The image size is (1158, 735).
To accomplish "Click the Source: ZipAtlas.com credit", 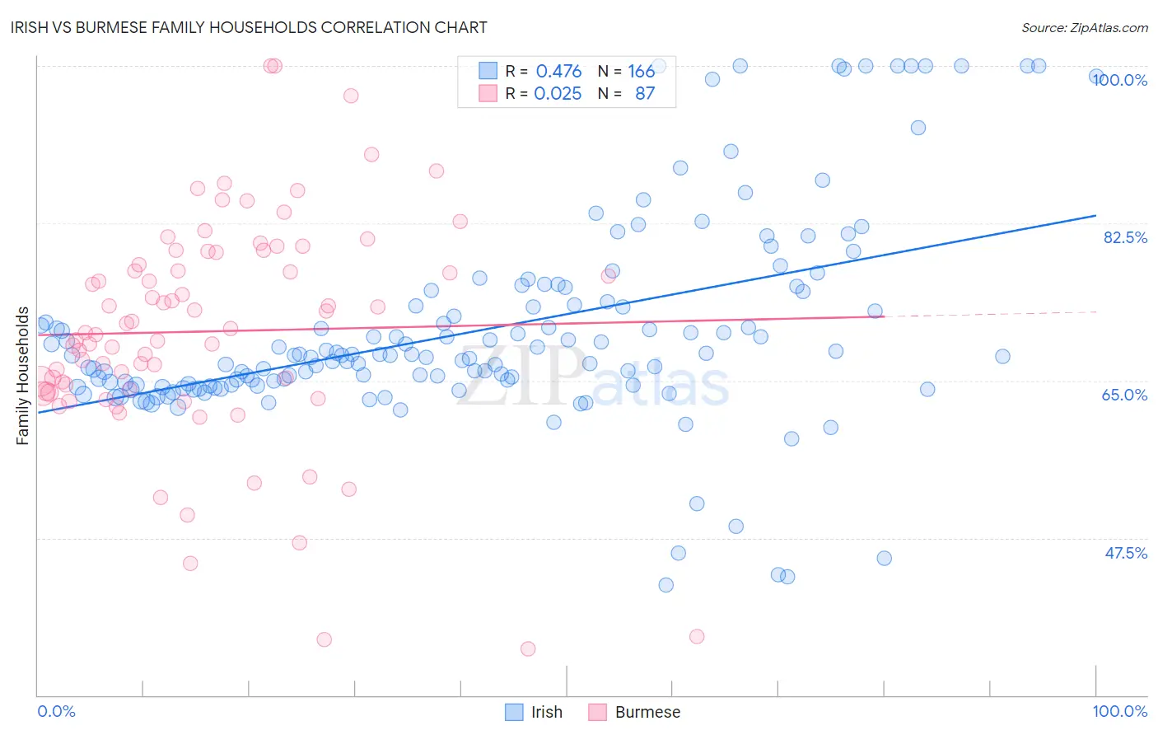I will pos(1084,28).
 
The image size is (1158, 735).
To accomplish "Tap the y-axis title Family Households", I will pos(23,376).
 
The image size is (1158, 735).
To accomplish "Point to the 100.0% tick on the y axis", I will pos(1120,81).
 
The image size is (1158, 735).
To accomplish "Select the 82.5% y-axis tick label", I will pos(1125,237).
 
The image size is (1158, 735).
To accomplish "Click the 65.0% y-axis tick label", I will pos(1124,395).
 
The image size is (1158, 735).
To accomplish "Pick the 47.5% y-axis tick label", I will pos(1126,553).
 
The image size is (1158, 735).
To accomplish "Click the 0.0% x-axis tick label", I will pos(56,711).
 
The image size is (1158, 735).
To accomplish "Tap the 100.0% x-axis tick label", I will pos(1119,711).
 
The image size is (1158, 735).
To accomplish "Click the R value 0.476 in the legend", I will pos(558,72).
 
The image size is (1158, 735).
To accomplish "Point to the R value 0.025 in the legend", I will pos(558,94).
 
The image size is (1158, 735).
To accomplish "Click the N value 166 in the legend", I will pos(641,72).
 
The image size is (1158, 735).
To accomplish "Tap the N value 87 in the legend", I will pos(644,94).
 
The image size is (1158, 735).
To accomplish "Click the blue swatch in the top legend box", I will pos(488,71).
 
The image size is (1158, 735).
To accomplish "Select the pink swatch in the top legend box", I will pos(488,93).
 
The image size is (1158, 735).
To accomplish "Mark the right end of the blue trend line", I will pos(1095,215).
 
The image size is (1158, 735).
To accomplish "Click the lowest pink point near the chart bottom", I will pos(528,648).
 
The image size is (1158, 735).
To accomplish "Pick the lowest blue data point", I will pos(666,585).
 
